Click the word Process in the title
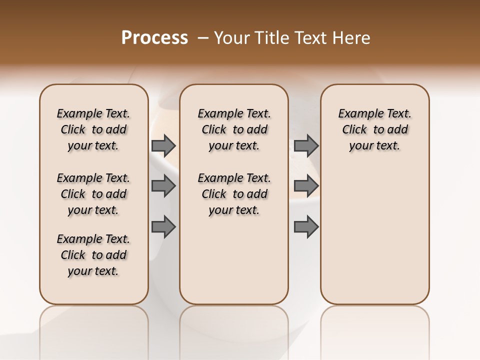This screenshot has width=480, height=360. (154, 38)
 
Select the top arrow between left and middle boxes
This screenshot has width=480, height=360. (163, 145)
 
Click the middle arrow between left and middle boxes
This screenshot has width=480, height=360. (163, 186)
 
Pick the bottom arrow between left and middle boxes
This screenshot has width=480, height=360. (163, 227)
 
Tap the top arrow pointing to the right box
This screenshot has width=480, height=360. (306, 145)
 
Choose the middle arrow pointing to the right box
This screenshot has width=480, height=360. (306, 186)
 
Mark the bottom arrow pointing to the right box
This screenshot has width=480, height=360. (306, 227)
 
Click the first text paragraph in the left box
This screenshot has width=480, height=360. (93, 129)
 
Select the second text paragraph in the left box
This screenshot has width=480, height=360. (93, 194)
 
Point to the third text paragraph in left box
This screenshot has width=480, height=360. (93, 255)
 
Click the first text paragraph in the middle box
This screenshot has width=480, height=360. (234, 129)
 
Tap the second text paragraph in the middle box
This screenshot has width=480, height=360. (234, 194)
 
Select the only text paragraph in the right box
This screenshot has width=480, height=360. (375, 129)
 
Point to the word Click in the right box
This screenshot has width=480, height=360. (354, 130)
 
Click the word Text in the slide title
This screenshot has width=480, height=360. (310, 38)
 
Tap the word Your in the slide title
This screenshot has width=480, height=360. (229, 38)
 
